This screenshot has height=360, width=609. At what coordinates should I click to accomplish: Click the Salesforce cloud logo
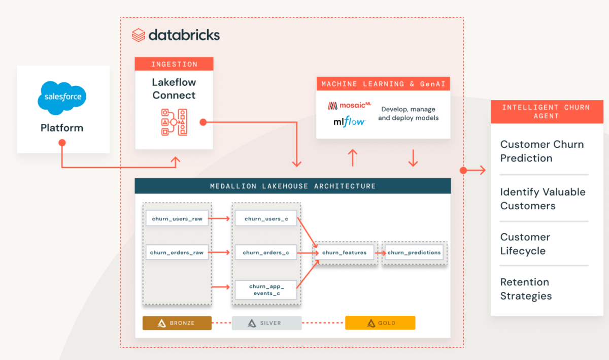(x=62, y=96)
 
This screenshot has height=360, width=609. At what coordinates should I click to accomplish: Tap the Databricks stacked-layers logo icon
(x=139, y=35)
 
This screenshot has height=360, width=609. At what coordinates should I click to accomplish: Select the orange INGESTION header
(x=174, y=64)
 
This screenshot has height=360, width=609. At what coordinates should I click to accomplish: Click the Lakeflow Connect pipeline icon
(x=174, y=122)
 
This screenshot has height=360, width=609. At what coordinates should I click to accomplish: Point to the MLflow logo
(x=349, y=121)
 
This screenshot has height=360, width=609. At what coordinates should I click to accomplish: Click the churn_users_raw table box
(x=177, y=219)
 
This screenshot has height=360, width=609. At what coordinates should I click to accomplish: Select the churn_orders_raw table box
(x=177, y=252)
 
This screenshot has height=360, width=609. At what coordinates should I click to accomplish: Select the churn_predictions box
(x=414, y=252)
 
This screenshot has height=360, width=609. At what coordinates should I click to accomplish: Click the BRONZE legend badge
(x=177, y=323)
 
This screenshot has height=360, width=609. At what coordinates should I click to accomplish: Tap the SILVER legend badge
(x=266, y=323)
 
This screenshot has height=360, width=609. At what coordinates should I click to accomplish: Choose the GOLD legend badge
(x=380, y=323)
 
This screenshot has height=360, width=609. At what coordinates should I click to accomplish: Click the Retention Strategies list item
(x=526, y=289)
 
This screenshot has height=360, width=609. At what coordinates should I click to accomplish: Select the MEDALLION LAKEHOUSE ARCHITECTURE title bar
(x=293, y=186)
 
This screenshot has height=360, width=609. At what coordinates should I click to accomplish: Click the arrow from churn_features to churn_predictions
(x=379, y=252)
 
